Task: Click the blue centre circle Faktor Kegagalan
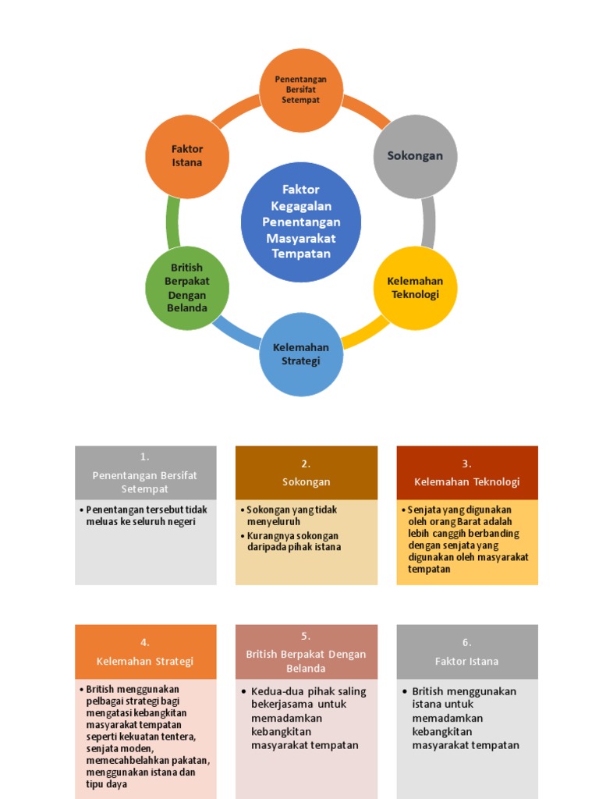pos(301,222)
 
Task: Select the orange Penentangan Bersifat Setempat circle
pos(301,90)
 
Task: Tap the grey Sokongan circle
pos(415,156)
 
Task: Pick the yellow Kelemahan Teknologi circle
pos(415,288)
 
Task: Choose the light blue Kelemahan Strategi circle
pos(301,354)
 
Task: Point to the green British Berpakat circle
pos(187,288)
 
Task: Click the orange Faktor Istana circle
pos(187,156)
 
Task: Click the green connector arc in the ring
pos(172,222)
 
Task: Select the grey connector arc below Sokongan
pos(428,222)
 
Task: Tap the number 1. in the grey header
pos(145,457)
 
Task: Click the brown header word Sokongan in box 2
pos(306,482)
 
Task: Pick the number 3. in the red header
pos(466,463)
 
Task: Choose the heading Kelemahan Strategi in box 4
pos(145,661)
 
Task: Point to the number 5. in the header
pos(306,636)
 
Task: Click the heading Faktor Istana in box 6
pos(466,661)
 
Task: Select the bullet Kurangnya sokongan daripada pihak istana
pos(292,542)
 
